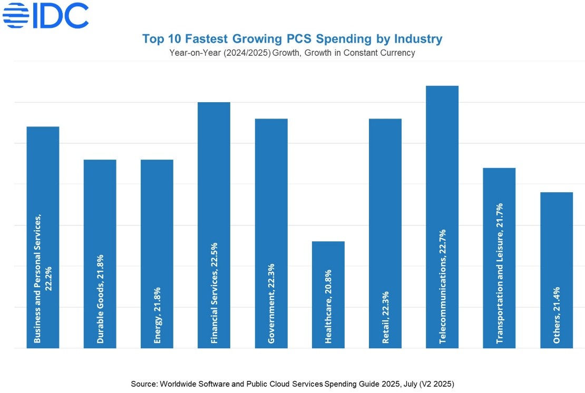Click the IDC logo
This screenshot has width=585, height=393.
click(x=46, y=15)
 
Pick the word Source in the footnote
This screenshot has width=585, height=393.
click(x=143, y=384)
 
